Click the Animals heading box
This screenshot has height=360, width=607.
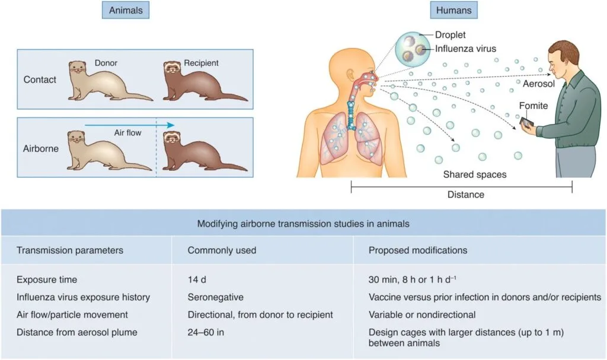click(x=126, y=10)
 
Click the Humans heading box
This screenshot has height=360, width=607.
click(x=453, y=10)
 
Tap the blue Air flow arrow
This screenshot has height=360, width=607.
click(x=130, y=125)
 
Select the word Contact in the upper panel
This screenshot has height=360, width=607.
click(x=40, y=79)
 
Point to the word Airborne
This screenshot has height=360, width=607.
click(x=41, y=148)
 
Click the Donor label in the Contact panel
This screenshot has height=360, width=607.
click(x=106, y=63)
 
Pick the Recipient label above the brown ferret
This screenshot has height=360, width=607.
click(x=201, y=63)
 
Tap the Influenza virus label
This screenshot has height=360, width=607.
click(x=465, y=49)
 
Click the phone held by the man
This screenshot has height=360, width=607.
click(x=526, y=122)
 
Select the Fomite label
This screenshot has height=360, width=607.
click(x=533, y=106)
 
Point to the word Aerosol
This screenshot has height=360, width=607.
click(x=538, y=84)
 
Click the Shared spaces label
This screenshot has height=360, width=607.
click(x=475, y=174)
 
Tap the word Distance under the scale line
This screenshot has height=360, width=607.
click(x=466, y=195)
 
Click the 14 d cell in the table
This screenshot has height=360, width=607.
click(x=197, y=279)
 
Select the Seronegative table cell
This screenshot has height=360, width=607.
click(x=216, y=297)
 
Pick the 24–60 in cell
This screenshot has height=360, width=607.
click(x=206, y=332)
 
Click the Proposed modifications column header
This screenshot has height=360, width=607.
click(x=418, y=250)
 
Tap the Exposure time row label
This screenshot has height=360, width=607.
click(x=47, y=279)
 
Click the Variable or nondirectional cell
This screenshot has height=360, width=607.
click(x=422, y=315)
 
